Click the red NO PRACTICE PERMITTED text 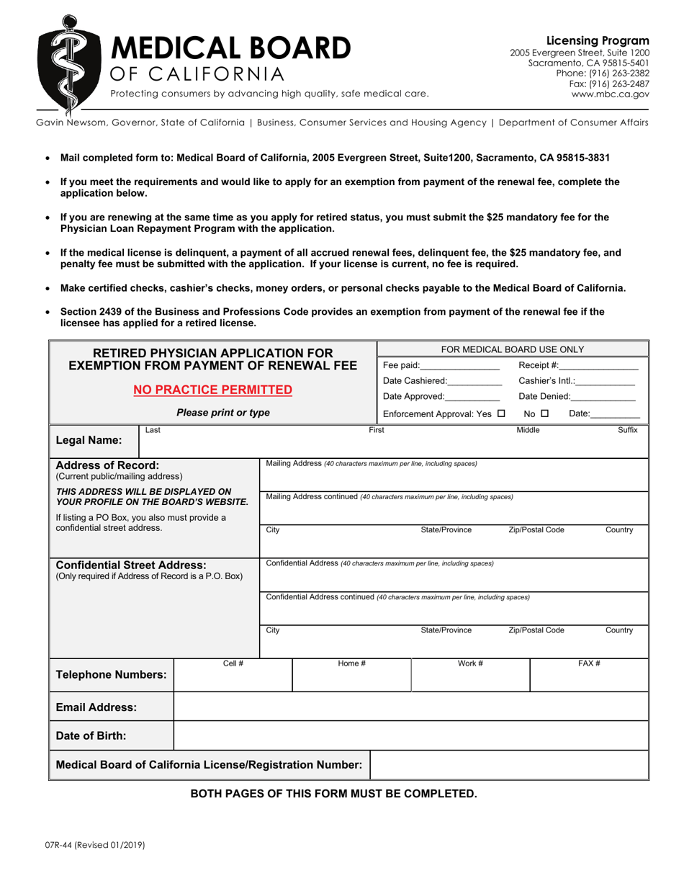(x=213, y=390)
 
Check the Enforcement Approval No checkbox (x=545, y=414)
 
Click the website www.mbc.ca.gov (x=610, y=94)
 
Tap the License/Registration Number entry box (x=509, y=764)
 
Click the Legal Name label (x=89, y=439)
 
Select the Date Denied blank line (x=603, y=397)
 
